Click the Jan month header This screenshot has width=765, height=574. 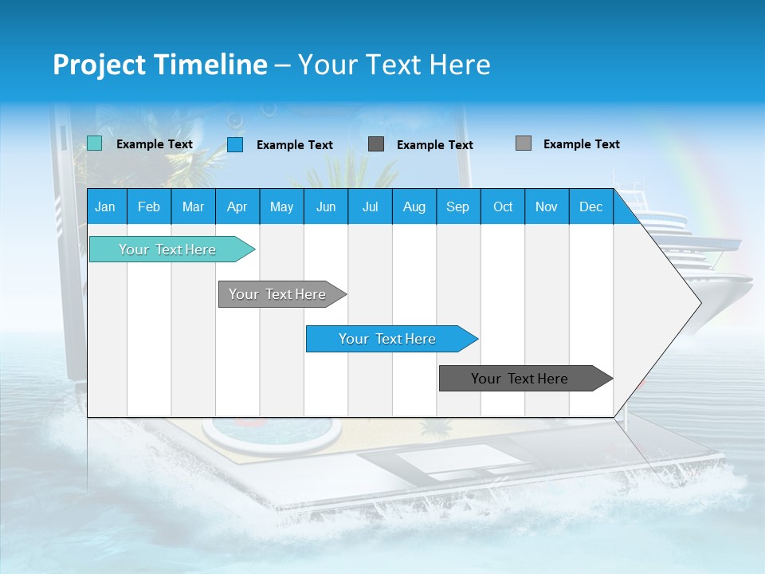pyautogui.click(x=106, y=206)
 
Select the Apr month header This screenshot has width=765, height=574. pyautogui.click(x=237, y=206)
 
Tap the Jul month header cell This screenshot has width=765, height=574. pyautogui.click(x=370, y=206)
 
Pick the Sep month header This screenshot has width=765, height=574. pyautogui.click(x=457, y=206)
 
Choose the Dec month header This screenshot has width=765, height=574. pyautogui.click(x=590, y=206)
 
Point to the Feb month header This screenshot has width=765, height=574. pyautogui.click(x=149, y=206)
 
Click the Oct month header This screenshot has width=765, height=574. pyautogui.click(x=503, y=206)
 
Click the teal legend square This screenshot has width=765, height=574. pyautogui.click(x=94, y=143)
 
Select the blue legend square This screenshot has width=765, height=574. pyautogui.click(x=234, y=144)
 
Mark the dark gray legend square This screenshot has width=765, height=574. pyautogui.click(x=376, y=144)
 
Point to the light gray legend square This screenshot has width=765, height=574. pyautogui.click(x=523, y=143)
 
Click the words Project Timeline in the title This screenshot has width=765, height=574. pyautogui.click(x=160, y=65)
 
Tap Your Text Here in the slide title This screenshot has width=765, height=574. pyautogui.click(x=394, y=65)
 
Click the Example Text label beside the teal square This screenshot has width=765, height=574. pyautogui.click(x=155, y=144)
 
